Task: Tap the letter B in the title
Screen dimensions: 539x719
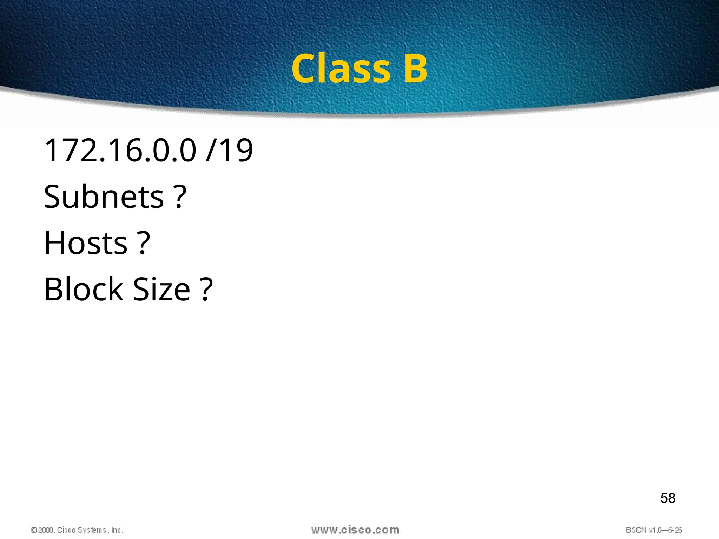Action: [415, 69]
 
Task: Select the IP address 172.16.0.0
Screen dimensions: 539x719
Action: [120, 151]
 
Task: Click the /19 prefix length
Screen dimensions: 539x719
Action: [229, 151]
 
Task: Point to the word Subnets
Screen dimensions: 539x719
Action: [104, 197]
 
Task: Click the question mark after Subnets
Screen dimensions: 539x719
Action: [180, 197]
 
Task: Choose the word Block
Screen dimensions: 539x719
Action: [84, 290]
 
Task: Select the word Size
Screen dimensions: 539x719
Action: [162, 290]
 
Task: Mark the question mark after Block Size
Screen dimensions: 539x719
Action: [206, 290]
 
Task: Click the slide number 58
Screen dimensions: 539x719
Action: [668, 498]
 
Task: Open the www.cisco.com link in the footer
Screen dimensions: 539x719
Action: [355, 530]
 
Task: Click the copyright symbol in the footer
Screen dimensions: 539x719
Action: [34, 530]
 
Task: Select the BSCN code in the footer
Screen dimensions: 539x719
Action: [636, 530]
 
